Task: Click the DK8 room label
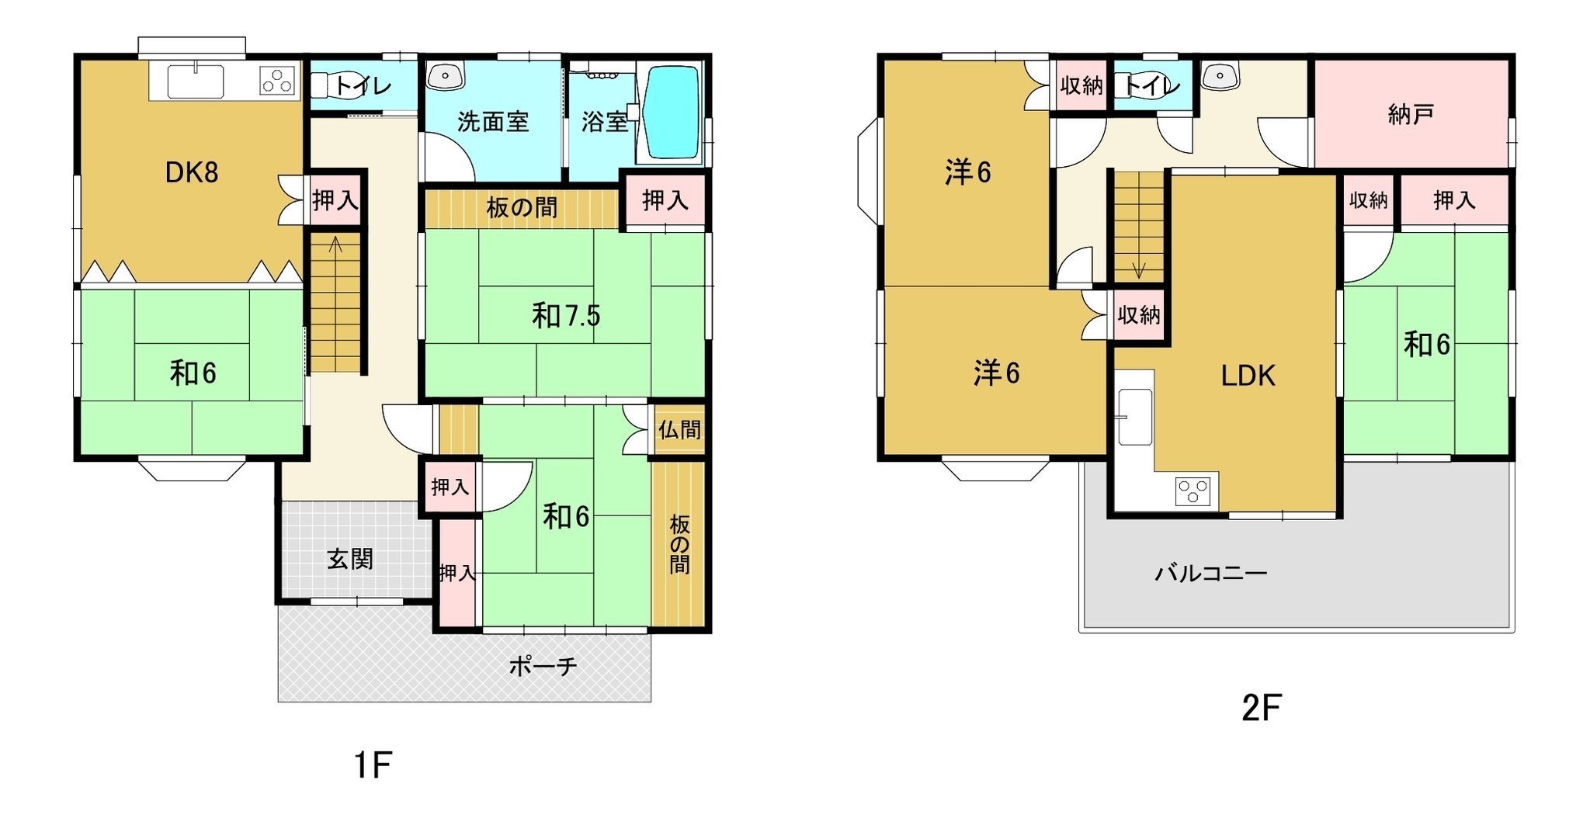(x=192, y=172)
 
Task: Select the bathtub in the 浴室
(x=672, y=113)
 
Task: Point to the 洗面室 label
(x=493, y=122)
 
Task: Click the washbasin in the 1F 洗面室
(x=445, y=75)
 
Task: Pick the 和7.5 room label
(x=566, y=315)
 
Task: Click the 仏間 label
(x=679, y=429)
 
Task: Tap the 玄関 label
(x=350, y=559)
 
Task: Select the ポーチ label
(x=543, y=665)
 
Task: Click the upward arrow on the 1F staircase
(x=336, y=245)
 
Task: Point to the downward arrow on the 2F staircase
(x=1139, y=269)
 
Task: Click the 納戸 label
(x=1410, y=115)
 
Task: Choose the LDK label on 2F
(x=1248, y=376)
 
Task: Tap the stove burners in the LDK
(x=1192, y=490)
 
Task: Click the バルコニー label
(x=1211, y=574)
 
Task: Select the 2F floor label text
(x=1262, y=708)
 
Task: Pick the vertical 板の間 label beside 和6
(x=679, y=544)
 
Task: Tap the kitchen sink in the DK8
(x=196, y=81)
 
